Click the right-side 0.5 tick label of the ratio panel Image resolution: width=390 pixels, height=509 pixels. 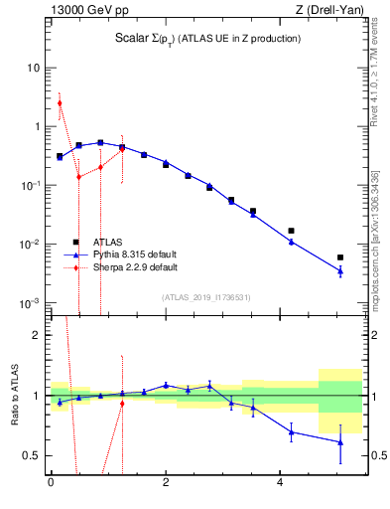pyautogui.click(x=378, y=455)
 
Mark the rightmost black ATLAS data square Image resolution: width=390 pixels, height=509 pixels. pyautogui.click(x=340, y=257)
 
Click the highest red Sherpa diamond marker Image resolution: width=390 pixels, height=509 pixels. pyautogui.click(x=60, y=102)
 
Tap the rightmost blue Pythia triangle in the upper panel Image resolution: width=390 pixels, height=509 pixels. pyautogui.click(x=340, y=270)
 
